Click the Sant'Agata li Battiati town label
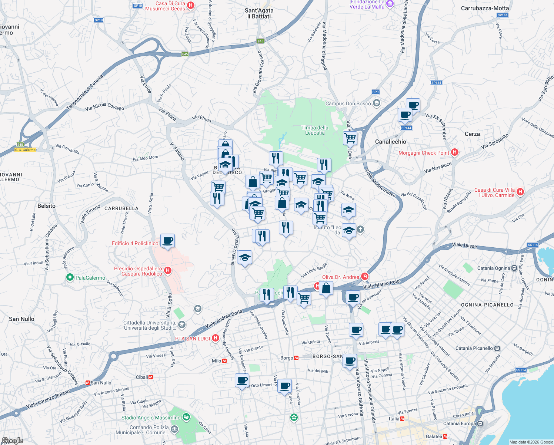pyautogui.click(x=259, y=13)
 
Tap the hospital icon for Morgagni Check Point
pyautogui.click(x=455, y=152)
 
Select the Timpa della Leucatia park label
pyautogui.click(x=315, y=130)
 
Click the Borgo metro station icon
pyautogui.click(x=296, y=358)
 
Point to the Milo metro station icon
pyautogui.click(x=224, y=361)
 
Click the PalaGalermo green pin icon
pyautogui.click(x=70, y=277)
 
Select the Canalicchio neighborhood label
pyautogui.click(x=390, y=142)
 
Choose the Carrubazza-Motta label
pyautogui.click(x=485, y=8)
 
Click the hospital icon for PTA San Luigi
pyautogui.click(x=216, y=338)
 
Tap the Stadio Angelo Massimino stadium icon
pyautogui.click(x=186, y=418)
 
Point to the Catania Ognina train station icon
pyautogui.click(x=514, y=268)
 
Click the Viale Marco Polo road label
pyautogui.click(x=381, y=284)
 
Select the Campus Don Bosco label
pyautogui.click(x=348, y=103)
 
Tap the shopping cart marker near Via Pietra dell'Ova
pyautogui.click(x=350, y=138)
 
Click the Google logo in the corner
pyautogui.click(x=12, y=441)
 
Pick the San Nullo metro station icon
pyautogui.click(x=87, y=383)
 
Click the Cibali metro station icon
pyautogui.click(x=151, y=377)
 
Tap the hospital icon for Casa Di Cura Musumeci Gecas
pyautogui.click(x=191, y=5)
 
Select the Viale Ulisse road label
pyautogui.click(x=464, y=245)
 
